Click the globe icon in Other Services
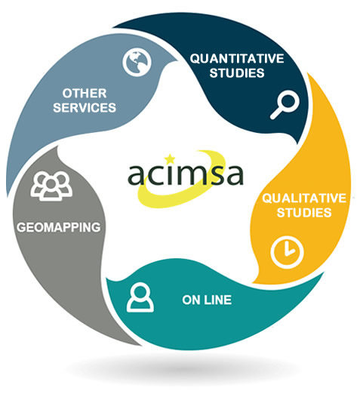[137, 62]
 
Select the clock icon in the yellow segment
[287, 252]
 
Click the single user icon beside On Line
[140, 297]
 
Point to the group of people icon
[51, 186]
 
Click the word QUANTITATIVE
[237, 59]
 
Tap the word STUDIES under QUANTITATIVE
[237, 73]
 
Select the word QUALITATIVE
[304, 199]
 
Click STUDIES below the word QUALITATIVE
[304, 213]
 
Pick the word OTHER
[85, 94]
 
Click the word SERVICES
[85, 107]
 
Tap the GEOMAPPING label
[59, 227]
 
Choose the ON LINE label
[207, 300]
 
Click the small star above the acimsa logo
[170, 159]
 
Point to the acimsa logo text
[186, 173]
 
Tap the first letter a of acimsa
[137, 176]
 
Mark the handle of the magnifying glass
[276, 113]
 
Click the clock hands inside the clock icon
[288, 250]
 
